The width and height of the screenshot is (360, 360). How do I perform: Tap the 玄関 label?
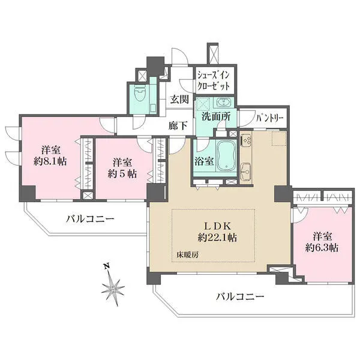click(178, 100)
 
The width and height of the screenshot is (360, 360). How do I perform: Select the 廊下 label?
click(178, 125)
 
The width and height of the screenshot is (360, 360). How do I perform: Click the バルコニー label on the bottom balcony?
click(240, 296)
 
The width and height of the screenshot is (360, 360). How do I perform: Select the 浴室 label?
click(205, 161)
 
